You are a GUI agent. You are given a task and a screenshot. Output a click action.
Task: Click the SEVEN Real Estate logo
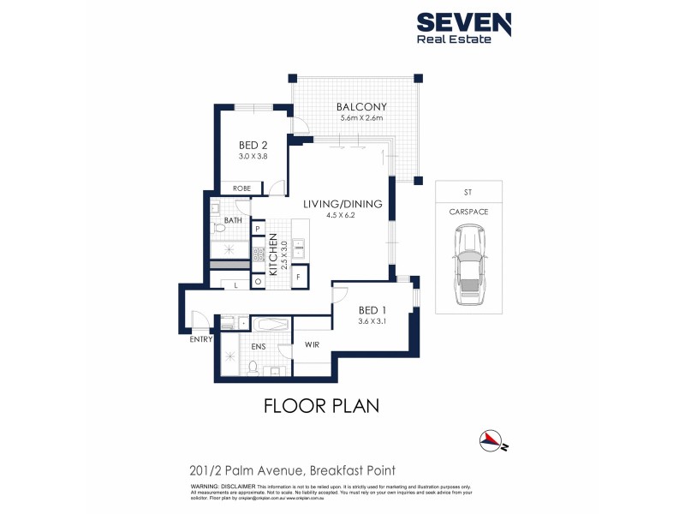pos(463,27)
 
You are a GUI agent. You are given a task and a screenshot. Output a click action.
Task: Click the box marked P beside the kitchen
pos(257,229)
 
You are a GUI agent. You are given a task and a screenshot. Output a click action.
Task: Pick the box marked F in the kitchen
pos(298,278)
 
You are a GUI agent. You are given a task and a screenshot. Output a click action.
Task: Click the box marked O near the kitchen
pos(257,281)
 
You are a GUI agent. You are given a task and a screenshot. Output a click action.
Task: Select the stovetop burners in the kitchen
pos(258,253)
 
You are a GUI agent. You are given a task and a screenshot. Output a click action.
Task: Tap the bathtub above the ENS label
pos(271,326)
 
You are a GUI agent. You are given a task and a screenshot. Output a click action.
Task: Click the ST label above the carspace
pos(467,191)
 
